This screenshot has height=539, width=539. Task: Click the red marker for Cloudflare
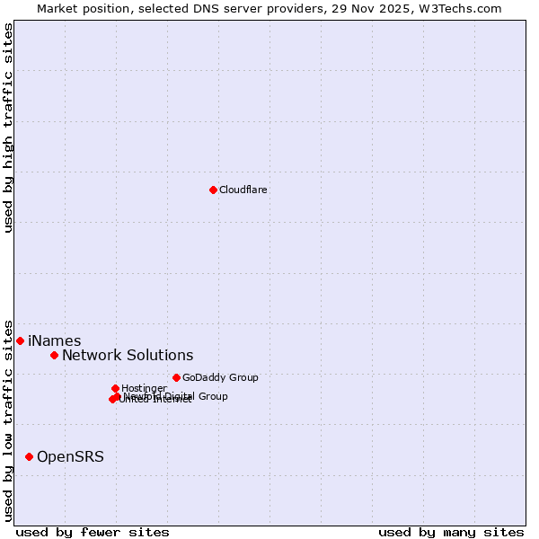click(x=213, y=190)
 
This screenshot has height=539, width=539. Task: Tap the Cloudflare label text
click(x=243, y=190)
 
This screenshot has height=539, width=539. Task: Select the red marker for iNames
click(x=20, y=340)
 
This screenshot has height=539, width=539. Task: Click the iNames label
click(x=55, y=341)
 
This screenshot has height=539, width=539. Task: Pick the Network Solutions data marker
click(x=54, y=355)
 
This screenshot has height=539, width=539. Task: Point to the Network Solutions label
click(x=128, y=356)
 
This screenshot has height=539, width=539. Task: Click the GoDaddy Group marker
click(x=176, y=377)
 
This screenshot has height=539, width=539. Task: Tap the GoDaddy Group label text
click(x=220, y=377)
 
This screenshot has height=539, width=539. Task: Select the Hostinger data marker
click(x=115, y=388)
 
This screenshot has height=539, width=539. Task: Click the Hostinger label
click(x=144, y=388)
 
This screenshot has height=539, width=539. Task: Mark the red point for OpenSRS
click(x=29, y=456)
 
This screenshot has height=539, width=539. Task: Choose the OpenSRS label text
click(x=70, y=457)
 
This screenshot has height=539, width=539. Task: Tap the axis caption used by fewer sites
click(x=93, y=532)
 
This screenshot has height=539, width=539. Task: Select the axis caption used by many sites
click(x=451, y=532)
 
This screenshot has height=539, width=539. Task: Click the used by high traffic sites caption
click(x=9, y=128)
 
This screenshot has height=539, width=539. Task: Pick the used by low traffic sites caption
click(x=9, y=420)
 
